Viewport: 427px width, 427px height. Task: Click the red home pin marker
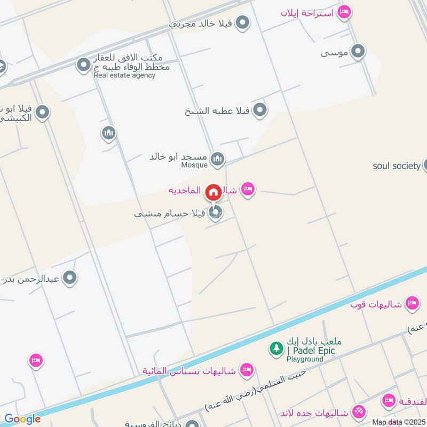coord(213,192)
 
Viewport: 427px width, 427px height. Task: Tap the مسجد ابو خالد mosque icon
coord(217,158)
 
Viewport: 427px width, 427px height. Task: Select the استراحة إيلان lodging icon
coord(345,12)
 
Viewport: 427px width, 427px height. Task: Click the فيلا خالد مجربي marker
coord(243,23)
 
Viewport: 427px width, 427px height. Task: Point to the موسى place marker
coord(358,51)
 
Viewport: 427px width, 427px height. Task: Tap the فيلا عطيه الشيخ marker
coord(259,110)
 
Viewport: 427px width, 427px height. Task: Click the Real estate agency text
coord(124,75)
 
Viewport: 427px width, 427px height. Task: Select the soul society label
coord(397,166)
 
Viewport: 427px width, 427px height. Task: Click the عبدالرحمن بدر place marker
coord(69,278)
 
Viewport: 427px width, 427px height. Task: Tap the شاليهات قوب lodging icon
coord(412,303)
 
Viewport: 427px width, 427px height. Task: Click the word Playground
coord(305,359)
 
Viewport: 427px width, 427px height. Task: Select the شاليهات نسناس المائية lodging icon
coord(246,369)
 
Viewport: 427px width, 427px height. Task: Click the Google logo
coord(22,420)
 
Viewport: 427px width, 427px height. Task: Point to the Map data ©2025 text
coord(399,422)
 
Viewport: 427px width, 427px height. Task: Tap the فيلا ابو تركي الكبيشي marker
coord(43,112)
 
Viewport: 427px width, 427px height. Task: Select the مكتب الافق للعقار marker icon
coord(83,66)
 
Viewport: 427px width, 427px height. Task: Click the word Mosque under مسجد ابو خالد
coord(194,165)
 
